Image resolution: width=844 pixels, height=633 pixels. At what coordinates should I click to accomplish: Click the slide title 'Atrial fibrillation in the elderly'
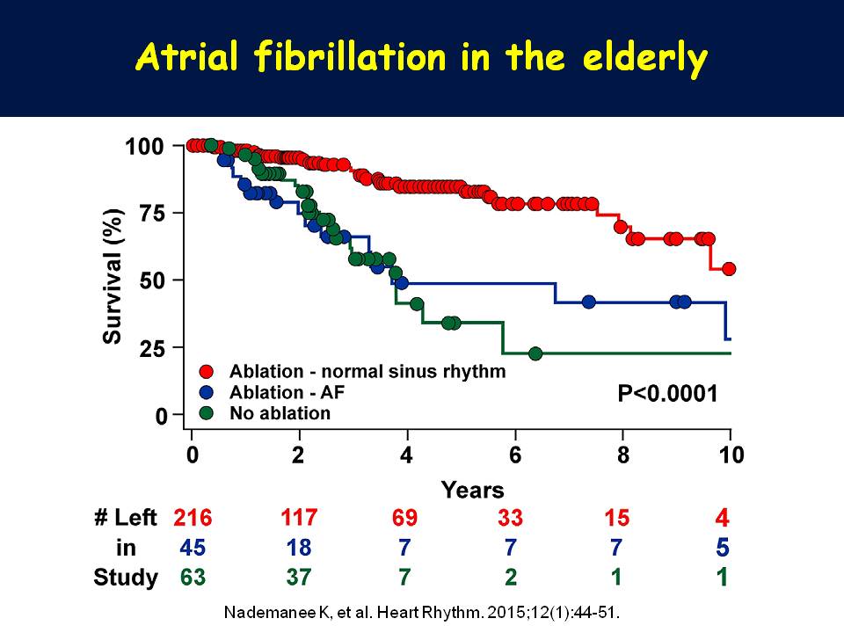point(421,58)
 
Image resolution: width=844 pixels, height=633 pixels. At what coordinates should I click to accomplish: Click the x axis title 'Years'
point(473,489)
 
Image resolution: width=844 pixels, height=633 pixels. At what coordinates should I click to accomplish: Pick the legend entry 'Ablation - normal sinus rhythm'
point(367,371)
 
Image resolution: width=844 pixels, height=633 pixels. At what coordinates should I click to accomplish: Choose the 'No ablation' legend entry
point(280,412)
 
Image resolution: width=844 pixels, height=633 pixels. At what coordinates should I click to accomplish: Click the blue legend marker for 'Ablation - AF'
point(206,392)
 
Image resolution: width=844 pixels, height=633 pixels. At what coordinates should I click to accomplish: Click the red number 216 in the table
point(193,517)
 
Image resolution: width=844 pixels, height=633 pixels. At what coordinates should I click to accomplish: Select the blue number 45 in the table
point(193,547)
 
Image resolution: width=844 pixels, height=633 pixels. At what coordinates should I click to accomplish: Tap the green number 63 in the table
point(193,578)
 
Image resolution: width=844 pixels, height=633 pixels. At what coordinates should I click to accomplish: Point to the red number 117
point(299,516)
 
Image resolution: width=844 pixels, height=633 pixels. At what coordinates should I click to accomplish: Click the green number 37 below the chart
point(299,578)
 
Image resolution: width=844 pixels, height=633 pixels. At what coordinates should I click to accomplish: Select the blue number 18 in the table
point(299,547)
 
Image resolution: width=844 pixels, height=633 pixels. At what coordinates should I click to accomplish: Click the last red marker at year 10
point(729,269)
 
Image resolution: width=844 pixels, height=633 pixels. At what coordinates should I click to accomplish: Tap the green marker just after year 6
point(535,353)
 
